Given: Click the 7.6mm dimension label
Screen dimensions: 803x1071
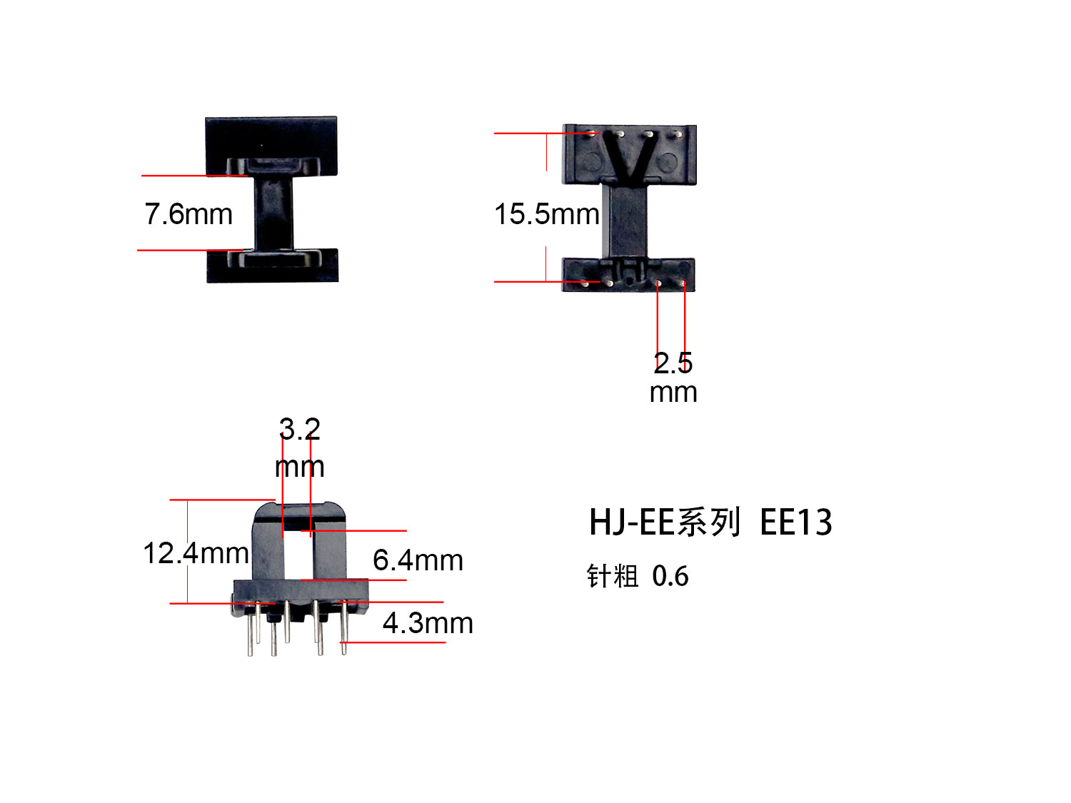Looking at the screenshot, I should [x=188, y=214].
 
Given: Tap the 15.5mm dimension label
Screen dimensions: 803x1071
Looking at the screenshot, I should [x=546, y=214].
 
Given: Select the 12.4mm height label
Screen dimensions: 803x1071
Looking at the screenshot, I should [x=196, y=553].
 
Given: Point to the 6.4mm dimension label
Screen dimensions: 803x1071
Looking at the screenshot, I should [x=418, y=560].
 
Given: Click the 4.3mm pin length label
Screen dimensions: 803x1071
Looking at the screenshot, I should [x=428, y=623].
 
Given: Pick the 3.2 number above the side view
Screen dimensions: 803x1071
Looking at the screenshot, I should [x=299, y=429].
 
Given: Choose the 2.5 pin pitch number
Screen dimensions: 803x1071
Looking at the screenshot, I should [x=673, y=363].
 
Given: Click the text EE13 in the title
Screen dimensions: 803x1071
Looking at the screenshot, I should [x=795, y=522].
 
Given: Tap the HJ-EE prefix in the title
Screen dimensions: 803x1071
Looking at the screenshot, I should [x=631, y=522].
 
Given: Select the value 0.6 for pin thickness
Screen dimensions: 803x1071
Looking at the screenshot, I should [x=670, y=576].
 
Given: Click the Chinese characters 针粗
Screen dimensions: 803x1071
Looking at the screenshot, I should [x=612, y=576].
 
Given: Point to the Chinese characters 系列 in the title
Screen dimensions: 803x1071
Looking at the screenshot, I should [x=709, y=522].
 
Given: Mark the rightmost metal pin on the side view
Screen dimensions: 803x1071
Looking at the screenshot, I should [x=343, y=628].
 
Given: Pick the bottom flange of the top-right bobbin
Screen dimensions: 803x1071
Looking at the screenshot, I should [x=628, y=275].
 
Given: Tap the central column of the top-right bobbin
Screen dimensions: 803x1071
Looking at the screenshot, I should [x=628, y=218].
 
